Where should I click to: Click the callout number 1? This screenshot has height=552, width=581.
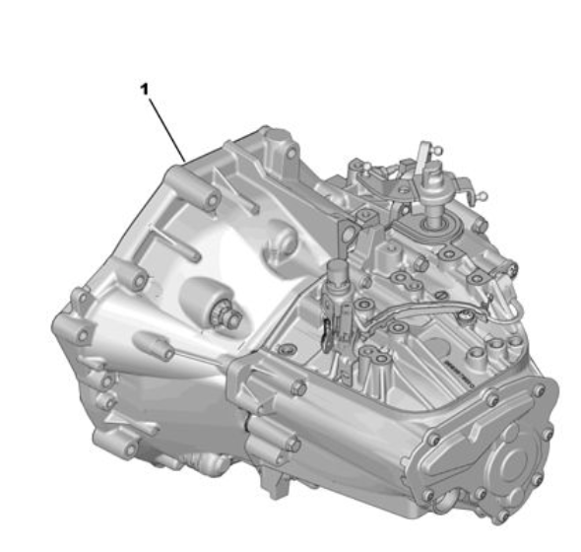(145, 89)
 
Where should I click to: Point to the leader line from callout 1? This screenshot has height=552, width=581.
(166, 129)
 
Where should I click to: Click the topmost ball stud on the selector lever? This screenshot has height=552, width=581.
(438, 150)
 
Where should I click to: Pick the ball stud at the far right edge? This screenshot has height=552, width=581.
(483, 195)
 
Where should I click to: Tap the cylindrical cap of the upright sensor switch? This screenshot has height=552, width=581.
(337, 269)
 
